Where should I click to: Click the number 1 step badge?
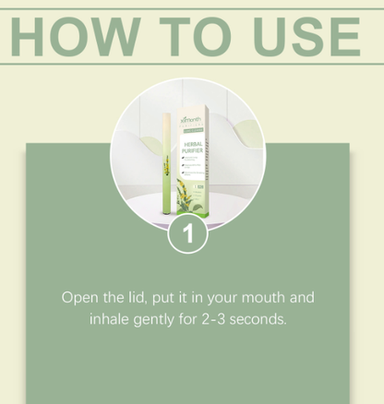[188, 233]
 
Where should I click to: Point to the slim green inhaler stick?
[166, 171]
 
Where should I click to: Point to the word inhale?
[112, 320]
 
